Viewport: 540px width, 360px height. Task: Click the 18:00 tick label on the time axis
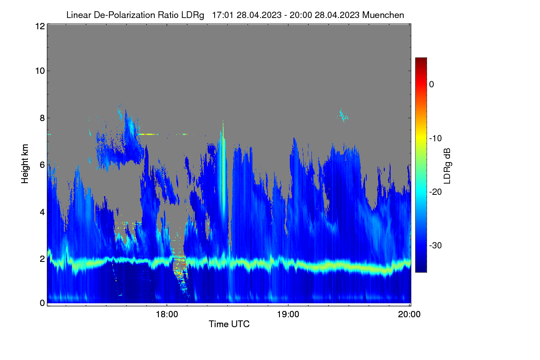[167, 315]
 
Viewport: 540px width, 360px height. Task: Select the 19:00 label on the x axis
[288, 315]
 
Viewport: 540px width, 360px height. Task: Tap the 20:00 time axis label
[409, 315]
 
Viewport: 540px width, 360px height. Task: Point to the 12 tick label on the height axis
[40, 26]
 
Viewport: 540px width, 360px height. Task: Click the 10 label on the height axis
[40, 71]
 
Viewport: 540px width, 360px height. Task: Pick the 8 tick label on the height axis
[42, 118]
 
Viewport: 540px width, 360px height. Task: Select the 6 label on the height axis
[42, 165]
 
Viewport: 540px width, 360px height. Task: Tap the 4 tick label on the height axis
[42, 212]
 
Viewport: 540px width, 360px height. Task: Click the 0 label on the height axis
[42, 303]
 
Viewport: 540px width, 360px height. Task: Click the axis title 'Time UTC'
[229, 324]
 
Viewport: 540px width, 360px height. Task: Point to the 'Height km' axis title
[25, 164]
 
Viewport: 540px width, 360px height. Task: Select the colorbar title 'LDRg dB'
[447, 166]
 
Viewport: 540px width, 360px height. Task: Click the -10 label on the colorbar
[436, 139]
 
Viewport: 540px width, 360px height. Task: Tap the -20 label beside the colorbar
[436, 192]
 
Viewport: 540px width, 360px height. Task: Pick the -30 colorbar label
[436, 245]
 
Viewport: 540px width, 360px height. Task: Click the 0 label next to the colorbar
[432, 85]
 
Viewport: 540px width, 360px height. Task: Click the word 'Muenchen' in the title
[383, 15]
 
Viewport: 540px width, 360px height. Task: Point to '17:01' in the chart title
[222, 15]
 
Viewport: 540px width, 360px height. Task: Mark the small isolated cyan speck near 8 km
[342, 116]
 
